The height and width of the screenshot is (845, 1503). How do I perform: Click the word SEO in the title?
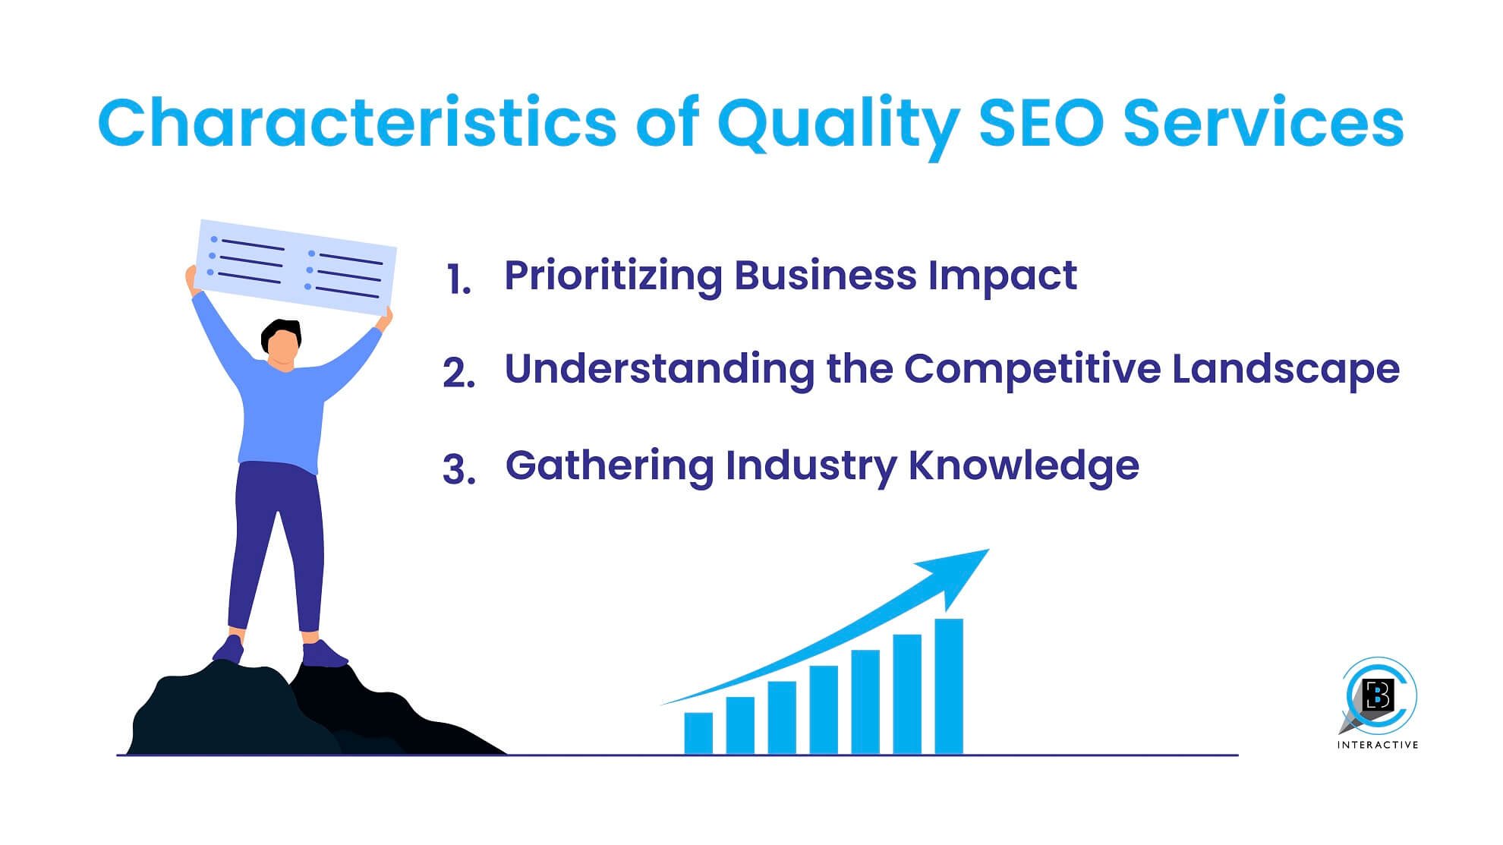pyautogui.click(x=1041, y=123)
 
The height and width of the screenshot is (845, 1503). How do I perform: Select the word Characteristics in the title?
pyautogui.click(x=357, y=121)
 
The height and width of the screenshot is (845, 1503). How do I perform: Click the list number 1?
pyautogui.click(x=458, y=279)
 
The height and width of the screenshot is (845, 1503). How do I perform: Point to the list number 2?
pyautogui.click(x=458, y=373)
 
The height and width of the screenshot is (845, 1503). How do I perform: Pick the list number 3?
pyautogui.click(x=458, y=468)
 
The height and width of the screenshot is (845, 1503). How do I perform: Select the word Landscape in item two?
pyautogui.click(x=1286, y=370)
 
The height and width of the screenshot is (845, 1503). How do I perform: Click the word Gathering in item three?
pyautogui.click(x=610, y=467)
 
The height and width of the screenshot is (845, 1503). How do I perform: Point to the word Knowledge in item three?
pyautogui.click(x=1024, y=467)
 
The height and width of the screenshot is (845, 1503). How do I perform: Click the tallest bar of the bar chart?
pyautogui.click(x=949, y=686)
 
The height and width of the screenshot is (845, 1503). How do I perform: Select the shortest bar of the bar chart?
pyautogui.click(x=698, y=733)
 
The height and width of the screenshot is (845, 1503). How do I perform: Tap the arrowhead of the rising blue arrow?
pyautogui.click(x=956, y=575)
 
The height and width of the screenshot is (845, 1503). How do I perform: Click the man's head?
pyautogui.click(x=282, y=344)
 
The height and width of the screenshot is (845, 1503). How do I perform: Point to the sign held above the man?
pyautogui.click(x=296, y=267)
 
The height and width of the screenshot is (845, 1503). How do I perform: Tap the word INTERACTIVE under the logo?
pyautogui.click(x=1378, y=745)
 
